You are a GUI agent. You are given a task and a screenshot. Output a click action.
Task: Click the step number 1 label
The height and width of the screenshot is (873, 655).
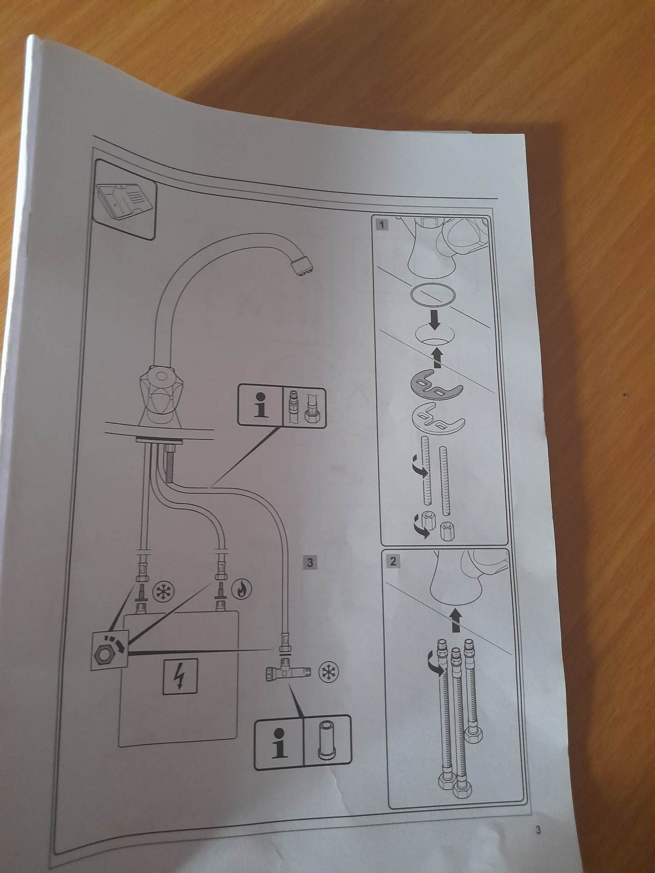tap(382, 225)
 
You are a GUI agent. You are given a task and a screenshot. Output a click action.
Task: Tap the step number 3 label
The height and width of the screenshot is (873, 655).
tap(310, 562)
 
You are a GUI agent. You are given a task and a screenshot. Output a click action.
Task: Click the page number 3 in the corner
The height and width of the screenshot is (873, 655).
tap(538, 831)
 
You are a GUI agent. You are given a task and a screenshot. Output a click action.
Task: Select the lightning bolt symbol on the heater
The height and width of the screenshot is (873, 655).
tap(181, 676)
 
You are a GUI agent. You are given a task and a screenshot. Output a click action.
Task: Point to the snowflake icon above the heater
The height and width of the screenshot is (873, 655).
tap(162, 591)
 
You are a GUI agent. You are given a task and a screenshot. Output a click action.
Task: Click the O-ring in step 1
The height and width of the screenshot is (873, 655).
tap(433, 294)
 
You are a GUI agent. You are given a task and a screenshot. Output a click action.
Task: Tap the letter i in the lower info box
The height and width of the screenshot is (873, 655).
tap(279, 743)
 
